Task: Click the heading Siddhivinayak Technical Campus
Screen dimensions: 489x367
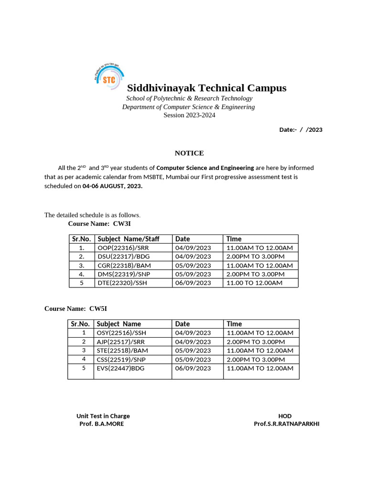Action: [x=206, y=88]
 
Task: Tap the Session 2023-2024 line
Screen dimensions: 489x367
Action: [x=189, y=115]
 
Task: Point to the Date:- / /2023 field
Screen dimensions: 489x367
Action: [x=301, y=129]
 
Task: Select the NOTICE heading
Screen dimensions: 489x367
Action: [x=189, y=153]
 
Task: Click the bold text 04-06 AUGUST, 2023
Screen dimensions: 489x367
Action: [x=112, y=186]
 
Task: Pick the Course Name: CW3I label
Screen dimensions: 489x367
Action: [x=99, y=223]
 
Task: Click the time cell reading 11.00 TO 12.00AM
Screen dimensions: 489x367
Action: [x=254, y=283]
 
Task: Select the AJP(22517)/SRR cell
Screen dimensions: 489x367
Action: [x=119, y=342]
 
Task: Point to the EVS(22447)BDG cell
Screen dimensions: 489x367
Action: [x=120, y=368]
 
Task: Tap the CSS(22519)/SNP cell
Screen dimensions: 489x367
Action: [x=119, y=360]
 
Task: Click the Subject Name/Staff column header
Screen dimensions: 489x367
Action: [x=128, y=239]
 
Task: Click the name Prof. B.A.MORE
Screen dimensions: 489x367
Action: [x=101, y=424]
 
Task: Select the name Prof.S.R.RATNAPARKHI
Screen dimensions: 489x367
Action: [x=286, y=424]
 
